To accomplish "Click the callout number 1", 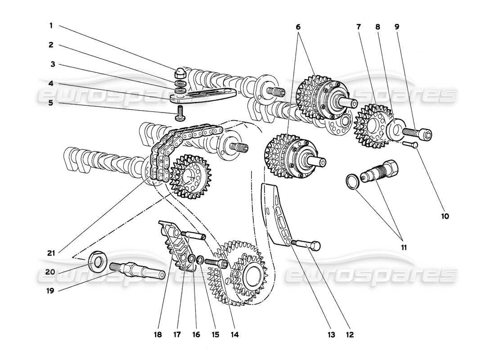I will pyautogui.click(x=51, y=26).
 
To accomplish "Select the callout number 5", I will pyautogui.click(x=51, y=103).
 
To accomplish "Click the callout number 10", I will pyautogui.click(x=445, y=216).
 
